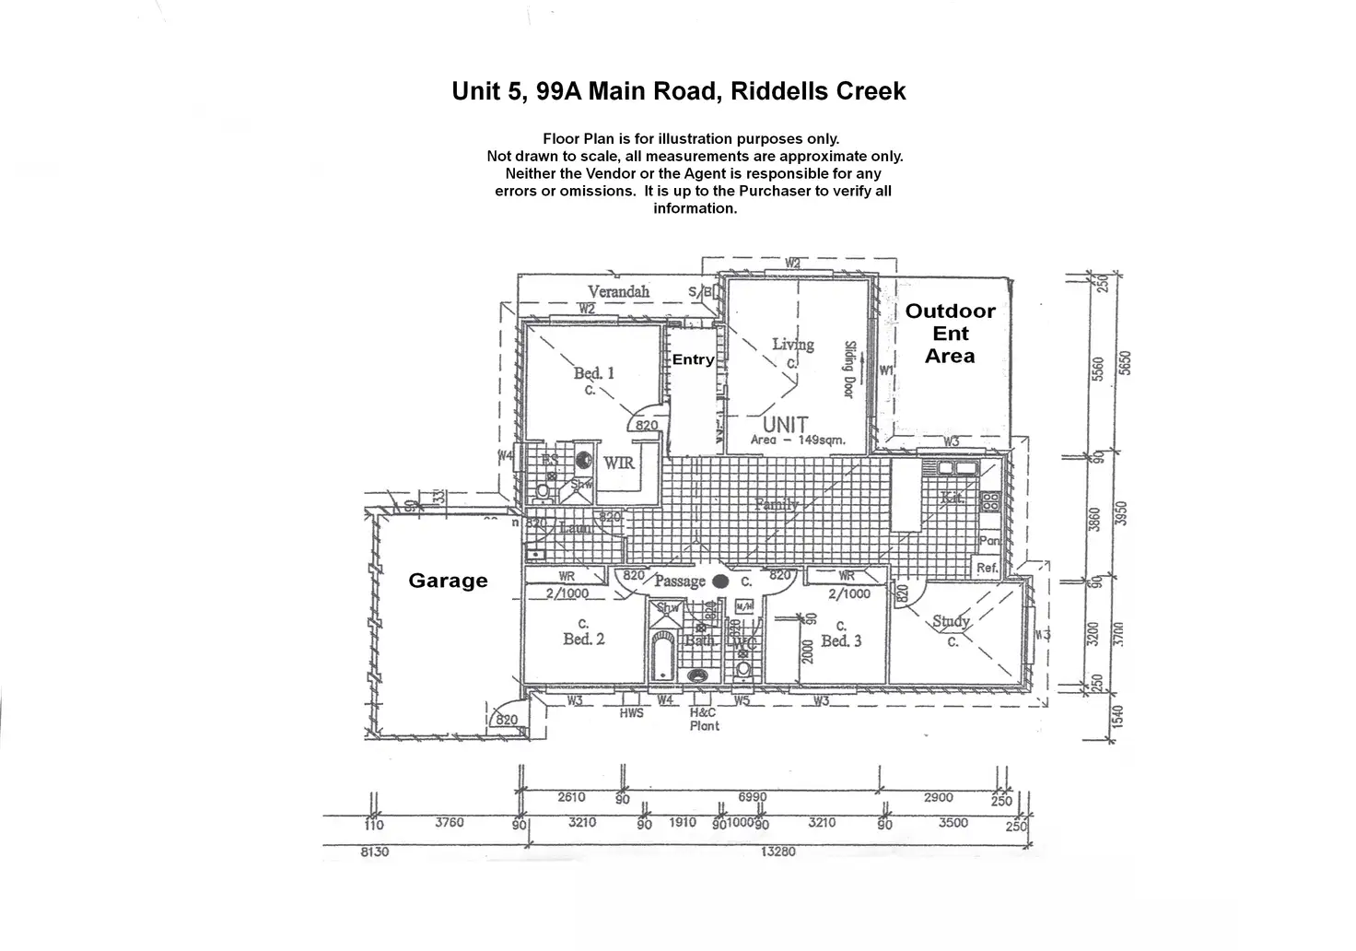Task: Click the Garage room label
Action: point(448,581)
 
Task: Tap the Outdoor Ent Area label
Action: point(950,334)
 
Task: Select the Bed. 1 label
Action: point(594,373)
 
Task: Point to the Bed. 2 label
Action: point(584,639)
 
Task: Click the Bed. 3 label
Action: point(841,640)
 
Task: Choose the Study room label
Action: point(951,622)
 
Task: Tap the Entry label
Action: point(693,359)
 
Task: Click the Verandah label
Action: point(618,291)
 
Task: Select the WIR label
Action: point(619,463)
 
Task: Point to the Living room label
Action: point(792,345)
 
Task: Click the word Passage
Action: point(679,581)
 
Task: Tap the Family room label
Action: point(777,504)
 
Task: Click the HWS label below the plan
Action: point(631,713)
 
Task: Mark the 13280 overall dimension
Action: point(779,851)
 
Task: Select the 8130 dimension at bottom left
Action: point(374,851)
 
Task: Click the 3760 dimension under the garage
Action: point(450,823)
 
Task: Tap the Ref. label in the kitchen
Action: point(987,568)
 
